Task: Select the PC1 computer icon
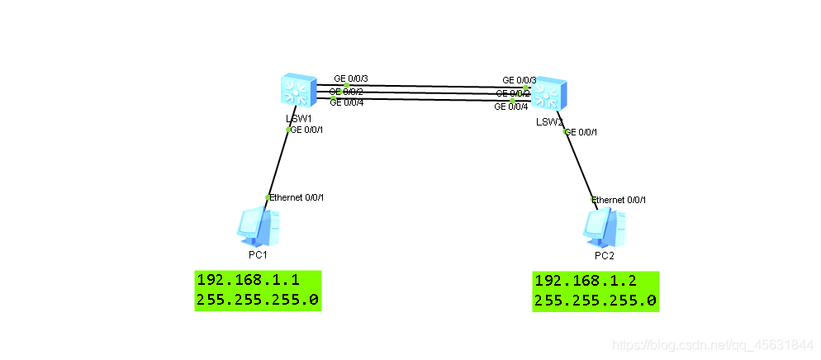click(258, 227)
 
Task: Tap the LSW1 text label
click(298, 118)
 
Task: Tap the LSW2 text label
click(549, 122)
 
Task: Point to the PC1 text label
click(258, 254)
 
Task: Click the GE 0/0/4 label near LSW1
click(347, 102)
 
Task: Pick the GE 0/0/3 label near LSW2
click(520, 80)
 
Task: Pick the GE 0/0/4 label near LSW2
click(511, 107)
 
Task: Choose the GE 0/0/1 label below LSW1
click(306, 129)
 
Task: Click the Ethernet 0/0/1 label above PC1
click(297, 197)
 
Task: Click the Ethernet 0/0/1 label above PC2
click(619, 200)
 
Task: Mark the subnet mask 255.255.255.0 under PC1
click(257, 299)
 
